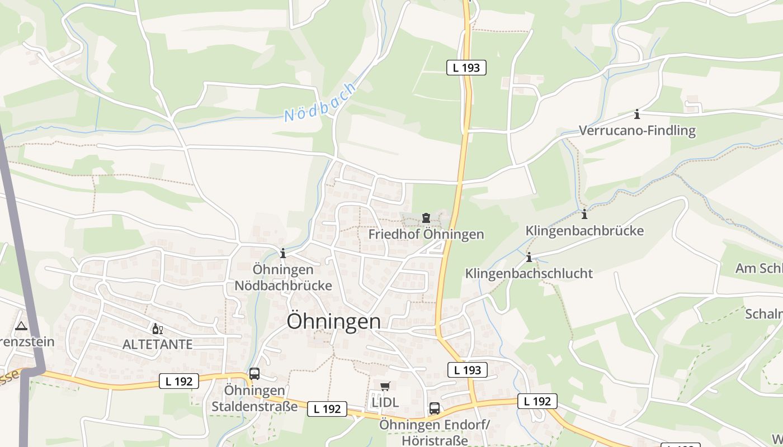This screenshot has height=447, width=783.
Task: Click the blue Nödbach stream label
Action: point(319,102)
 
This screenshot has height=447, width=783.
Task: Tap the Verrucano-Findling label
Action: point(637,131)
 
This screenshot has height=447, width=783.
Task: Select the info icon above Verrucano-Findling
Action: point(637,115)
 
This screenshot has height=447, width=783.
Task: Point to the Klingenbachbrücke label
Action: point(584,230)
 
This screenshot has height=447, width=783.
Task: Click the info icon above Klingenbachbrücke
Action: point(584,214)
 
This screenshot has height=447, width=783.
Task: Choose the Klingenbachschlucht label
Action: point(529,273)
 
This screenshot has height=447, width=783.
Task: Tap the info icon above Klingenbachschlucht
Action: point(529,257)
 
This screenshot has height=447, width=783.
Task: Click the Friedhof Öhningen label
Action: point(426,234)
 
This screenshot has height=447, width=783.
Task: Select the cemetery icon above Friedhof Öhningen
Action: point(426,218)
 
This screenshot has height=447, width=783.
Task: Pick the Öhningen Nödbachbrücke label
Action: point(283,277)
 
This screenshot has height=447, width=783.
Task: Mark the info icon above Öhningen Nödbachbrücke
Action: point(283,253)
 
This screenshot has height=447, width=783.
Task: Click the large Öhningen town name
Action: point(334,321)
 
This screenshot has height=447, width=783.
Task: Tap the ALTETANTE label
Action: point(157,344)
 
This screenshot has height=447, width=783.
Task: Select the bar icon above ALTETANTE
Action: point(157,329)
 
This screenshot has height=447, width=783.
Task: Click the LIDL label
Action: point(385,402)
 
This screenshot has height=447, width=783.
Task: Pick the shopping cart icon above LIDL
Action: point(385,386)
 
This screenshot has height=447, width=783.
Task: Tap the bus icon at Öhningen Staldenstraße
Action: point(254,374)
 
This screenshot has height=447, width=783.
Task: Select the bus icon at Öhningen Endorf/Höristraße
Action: point(435,408)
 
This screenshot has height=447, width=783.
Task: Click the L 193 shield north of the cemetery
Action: point(466,68)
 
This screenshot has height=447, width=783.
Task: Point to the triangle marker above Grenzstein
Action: point(21,326)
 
